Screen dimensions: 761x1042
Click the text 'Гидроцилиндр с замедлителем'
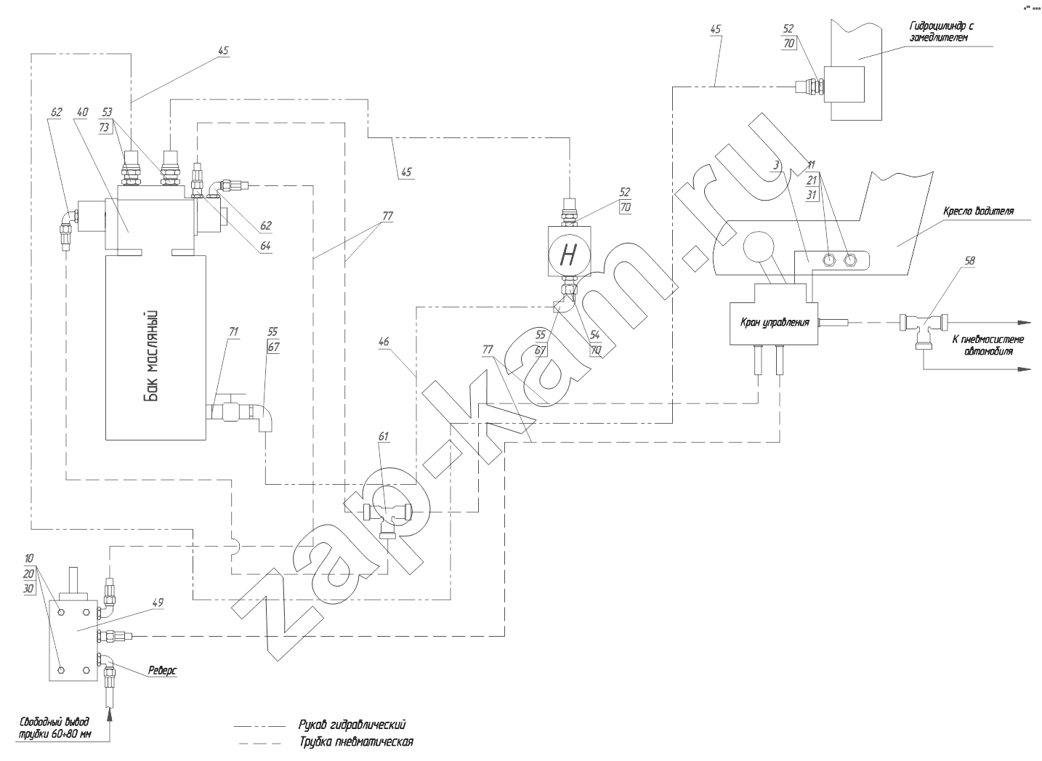(x=942, y=32)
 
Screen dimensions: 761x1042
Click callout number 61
(x=383, y=437)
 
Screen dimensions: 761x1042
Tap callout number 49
(x=158, y=602)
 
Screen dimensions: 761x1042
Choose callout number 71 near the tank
(x=233, y=331)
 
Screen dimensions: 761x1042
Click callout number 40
(x=82, y=112)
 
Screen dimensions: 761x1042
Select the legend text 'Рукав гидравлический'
(x=351, y=725)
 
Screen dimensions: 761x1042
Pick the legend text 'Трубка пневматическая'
(x=355, y=742)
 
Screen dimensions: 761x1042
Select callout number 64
(x=264, y=246)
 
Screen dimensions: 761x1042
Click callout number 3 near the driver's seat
(x=776, y=166)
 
